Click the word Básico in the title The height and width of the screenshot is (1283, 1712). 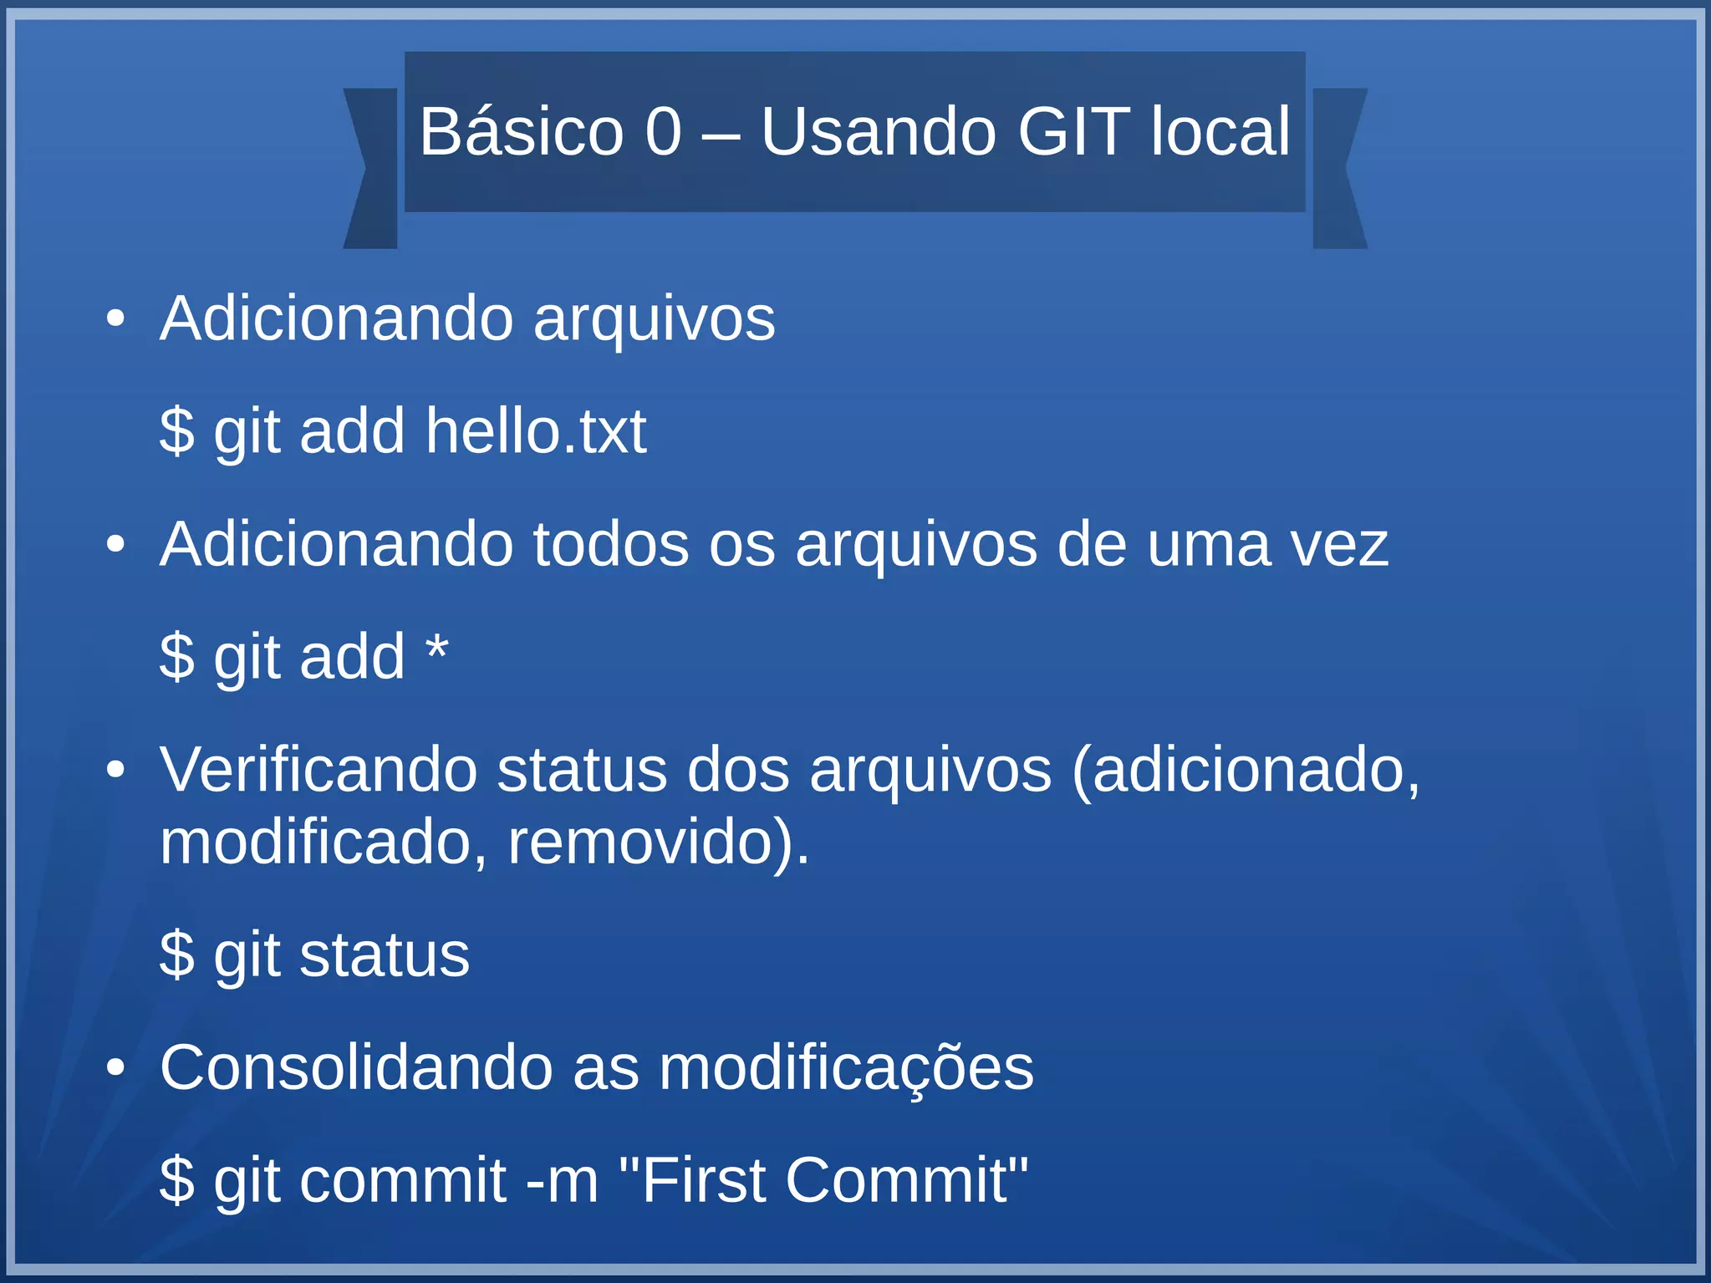(x=521, y=132)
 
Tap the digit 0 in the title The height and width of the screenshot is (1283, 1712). (x=664, y=132)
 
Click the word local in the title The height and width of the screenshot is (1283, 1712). (x=1220, y=132)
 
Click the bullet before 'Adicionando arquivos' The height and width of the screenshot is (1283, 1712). (x=115, y=319)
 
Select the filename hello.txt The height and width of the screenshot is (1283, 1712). (x=536, y=431)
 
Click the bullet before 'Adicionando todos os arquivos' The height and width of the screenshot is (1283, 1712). (x=115, y=545)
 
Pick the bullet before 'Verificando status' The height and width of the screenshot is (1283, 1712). (x=115, y=770)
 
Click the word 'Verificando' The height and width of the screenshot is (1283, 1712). (x=318, y=770)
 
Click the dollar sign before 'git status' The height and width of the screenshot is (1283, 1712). (x=176, y=955)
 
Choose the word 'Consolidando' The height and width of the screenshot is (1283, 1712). (x=356, y=1067)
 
